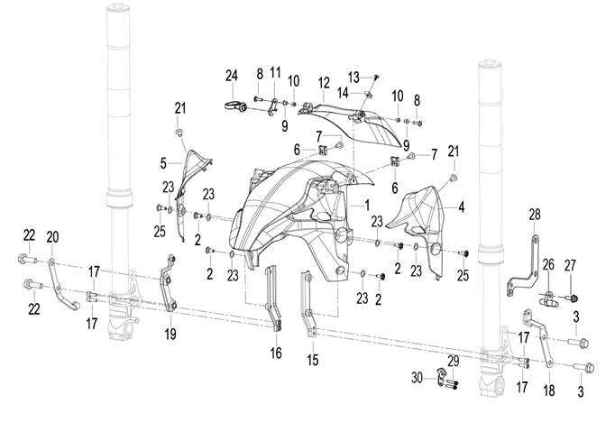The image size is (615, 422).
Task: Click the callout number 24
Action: pos(232,76)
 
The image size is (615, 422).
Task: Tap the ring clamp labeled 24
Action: pos(235,105)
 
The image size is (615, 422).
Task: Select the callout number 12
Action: pos(324,83)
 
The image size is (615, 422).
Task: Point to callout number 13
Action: pos(353,78)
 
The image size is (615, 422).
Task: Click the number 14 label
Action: pos(343,94)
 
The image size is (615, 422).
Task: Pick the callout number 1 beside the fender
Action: pos(367,205)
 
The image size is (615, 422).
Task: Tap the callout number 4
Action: pos(462,206)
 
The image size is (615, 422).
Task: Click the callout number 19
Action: pos(170,335)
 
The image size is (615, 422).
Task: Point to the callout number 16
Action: pos(276,353)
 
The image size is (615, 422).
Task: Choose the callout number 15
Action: pos(313,360)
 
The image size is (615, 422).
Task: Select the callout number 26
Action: pos(548,265)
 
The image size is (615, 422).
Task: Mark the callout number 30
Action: pos(417,378)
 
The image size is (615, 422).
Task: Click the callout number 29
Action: pos(453,362)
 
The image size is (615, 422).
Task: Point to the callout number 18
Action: pos(549,390)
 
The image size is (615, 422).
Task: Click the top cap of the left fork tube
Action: pos(116,6)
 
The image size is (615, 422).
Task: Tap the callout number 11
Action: pos(275,72)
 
